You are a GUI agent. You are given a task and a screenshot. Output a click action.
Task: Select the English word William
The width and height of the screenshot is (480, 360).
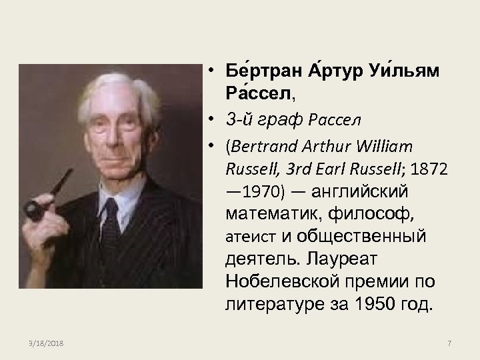pyautogui.click(x=389, y=146)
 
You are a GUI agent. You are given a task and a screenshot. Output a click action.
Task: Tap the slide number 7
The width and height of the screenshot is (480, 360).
pyautogui.click(x=449, y=343)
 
